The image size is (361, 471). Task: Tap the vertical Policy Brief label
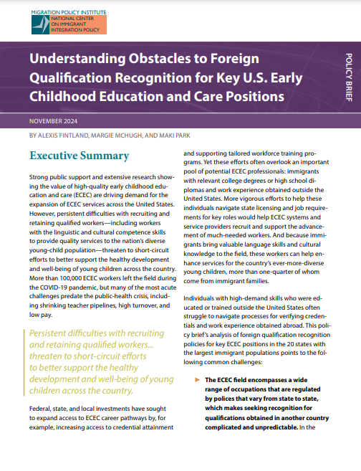348,78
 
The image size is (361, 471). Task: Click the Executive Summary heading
80,156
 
